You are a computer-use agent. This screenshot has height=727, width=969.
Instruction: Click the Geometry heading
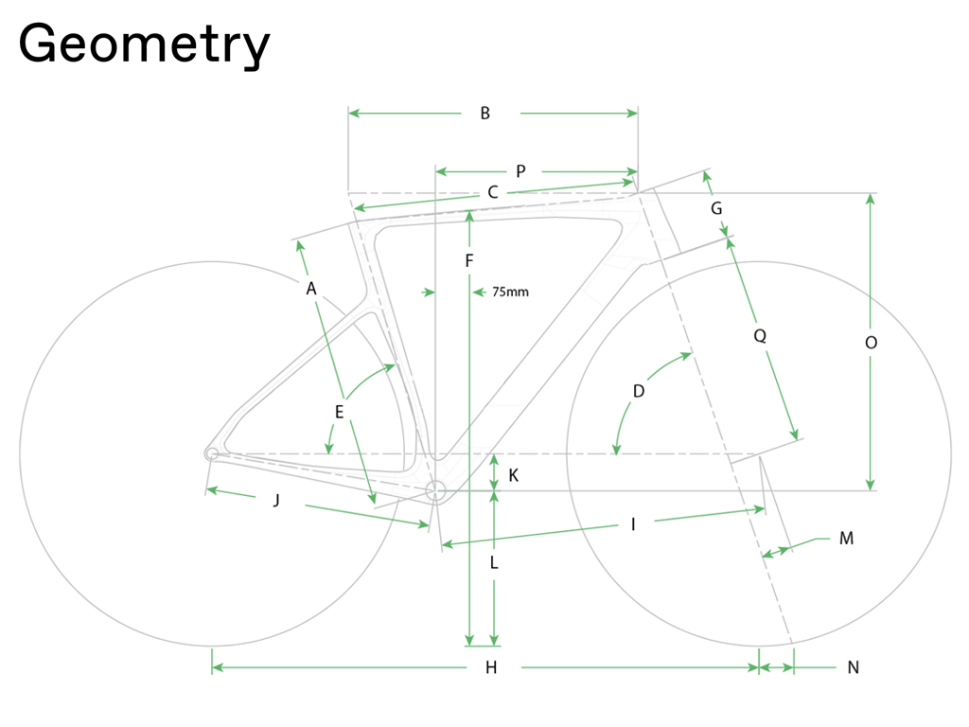tap(144, 44)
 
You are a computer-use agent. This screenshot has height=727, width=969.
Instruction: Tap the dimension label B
tap(485, 114)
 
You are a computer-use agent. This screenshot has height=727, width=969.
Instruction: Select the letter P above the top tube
tap(521, 171)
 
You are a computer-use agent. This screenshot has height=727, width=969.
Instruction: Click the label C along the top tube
tap(492, 192)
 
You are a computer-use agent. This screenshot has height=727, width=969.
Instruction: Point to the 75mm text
tap(510, 292)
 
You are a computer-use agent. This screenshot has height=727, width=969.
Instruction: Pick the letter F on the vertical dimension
tap(469, 261)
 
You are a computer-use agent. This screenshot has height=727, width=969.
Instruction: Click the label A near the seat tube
tap(310, 289)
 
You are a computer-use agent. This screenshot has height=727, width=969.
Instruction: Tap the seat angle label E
tap(340, 413)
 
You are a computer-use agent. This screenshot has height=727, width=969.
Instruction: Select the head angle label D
tap(639, 391)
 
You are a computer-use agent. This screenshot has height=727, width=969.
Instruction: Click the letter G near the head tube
tap(716, 208)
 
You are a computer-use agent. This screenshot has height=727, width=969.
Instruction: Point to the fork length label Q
tap(760, 336)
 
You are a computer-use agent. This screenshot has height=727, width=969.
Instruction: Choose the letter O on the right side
tap(871, 343)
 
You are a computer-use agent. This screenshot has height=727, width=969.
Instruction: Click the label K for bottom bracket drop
tap(514, 475)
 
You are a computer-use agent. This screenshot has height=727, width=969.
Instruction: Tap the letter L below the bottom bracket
tap(494, 562)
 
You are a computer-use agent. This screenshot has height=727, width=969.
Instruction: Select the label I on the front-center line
tap(633, 524)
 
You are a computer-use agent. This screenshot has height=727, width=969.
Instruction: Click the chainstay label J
tap(276, 500)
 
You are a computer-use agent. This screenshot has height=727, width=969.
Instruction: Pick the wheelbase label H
tap(491, 667)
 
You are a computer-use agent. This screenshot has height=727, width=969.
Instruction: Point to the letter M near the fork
tap(847, 539)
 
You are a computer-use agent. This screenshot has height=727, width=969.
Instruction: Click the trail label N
tap(854, 667)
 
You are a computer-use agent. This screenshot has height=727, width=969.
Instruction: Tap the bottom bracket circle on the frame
tap(435, 491)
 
